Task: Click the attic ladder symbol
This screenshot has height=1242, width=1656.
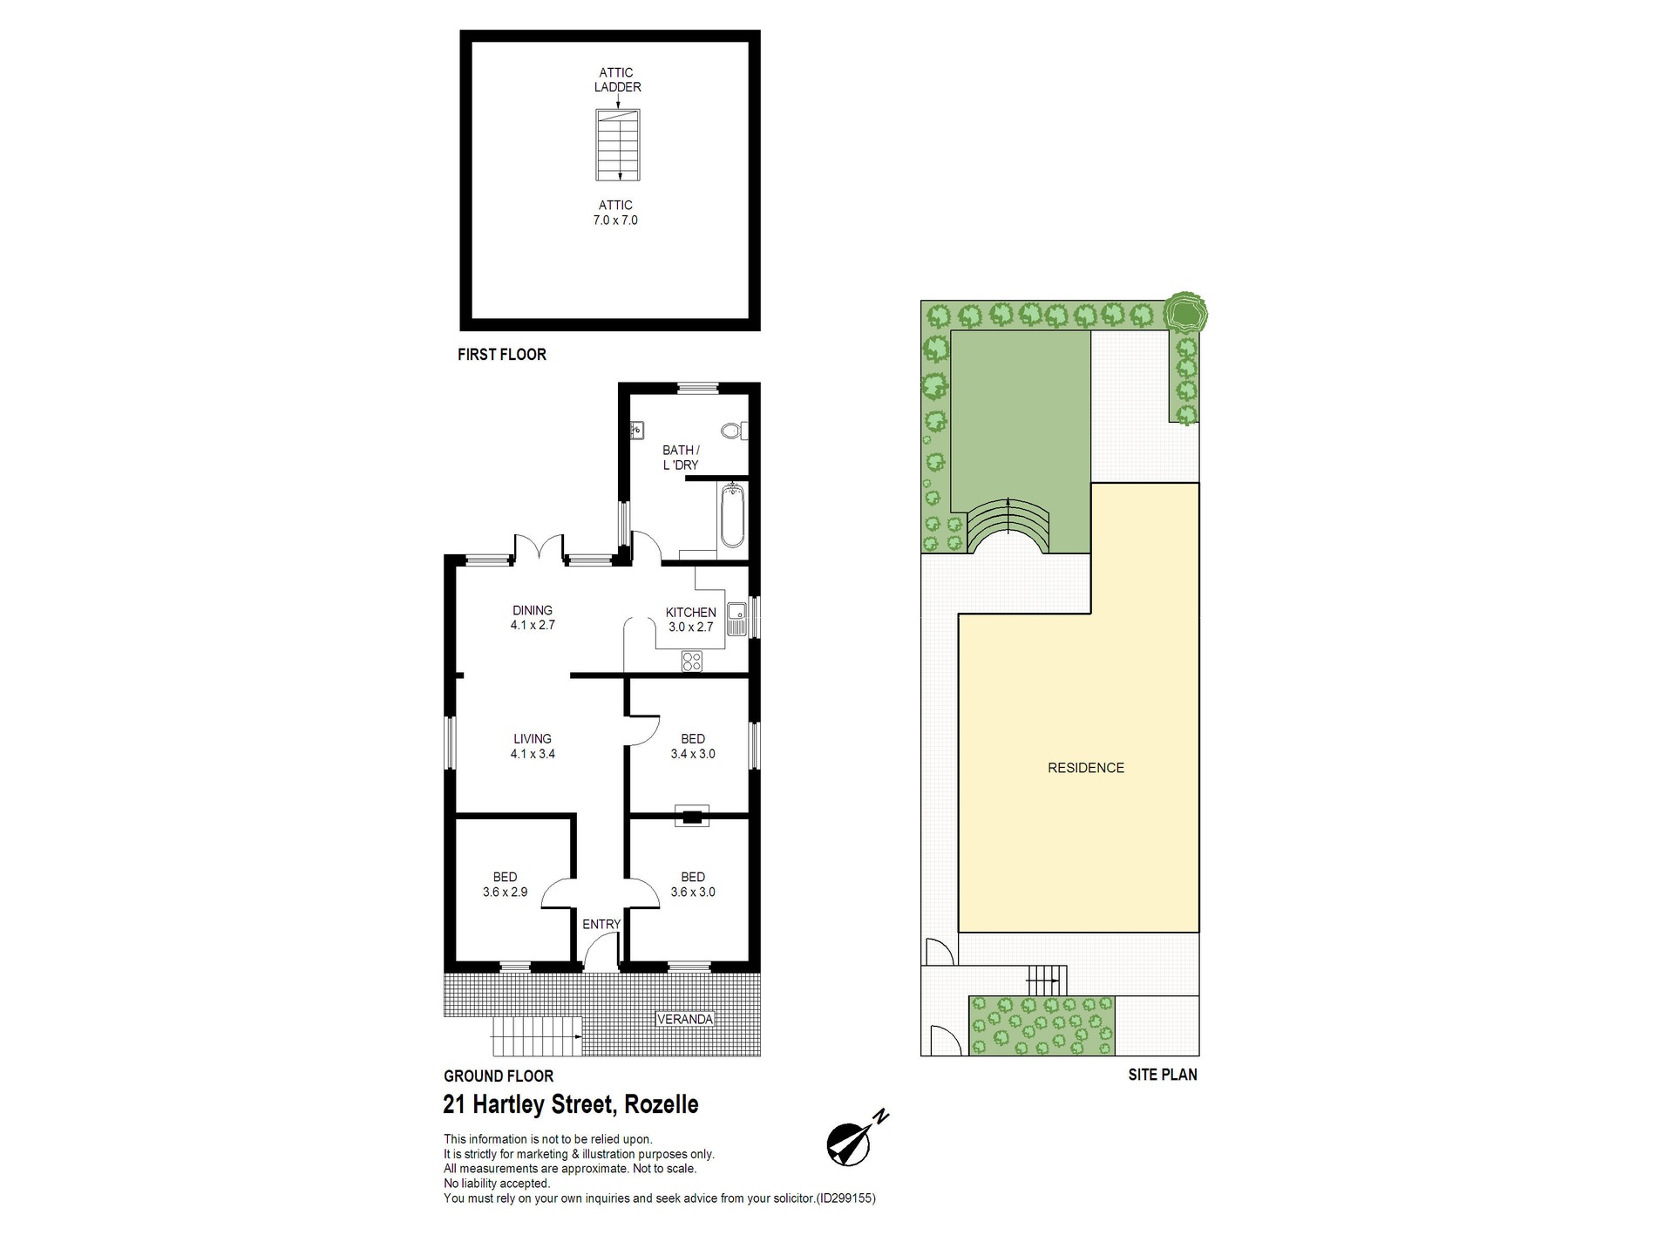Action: point(618,145)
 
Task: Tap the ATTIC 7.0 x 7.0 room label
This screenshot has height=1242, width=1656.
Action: point(615,213)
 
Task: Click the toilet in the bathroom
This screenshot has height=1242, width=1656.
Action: point(732,431)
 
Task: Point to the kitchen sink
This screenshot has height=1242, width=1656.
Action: point(736,618)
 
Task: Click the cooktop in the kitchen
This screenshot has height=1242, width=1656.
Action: point(692,662)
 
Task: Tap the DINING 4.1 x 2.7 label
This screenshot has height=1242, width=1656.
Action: point(533,617)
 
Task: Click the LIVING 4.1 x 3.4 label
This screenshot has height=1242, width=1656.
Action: point(533,746)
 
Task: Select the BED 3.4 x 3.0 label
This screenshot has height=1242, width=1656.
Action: point(693,746)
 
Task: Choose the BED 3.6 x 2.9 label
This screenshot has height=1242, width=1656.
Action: point(505,884)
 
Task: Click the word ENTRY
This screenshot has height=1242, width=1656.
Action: point(601,924)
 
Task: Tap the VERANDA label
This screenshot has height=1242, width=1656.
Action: point(685,1019)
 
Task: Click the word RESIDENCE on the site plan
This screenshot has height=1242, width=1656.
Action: point(1086,768)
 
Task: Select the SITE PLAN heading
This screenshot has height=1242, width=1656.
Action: point(1163,1075)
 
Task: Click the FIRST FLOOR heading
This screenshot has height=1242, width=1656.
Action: point(502,355)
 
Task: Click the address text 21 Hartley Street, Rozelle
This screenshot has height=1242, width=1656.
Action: point(571,1104)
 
